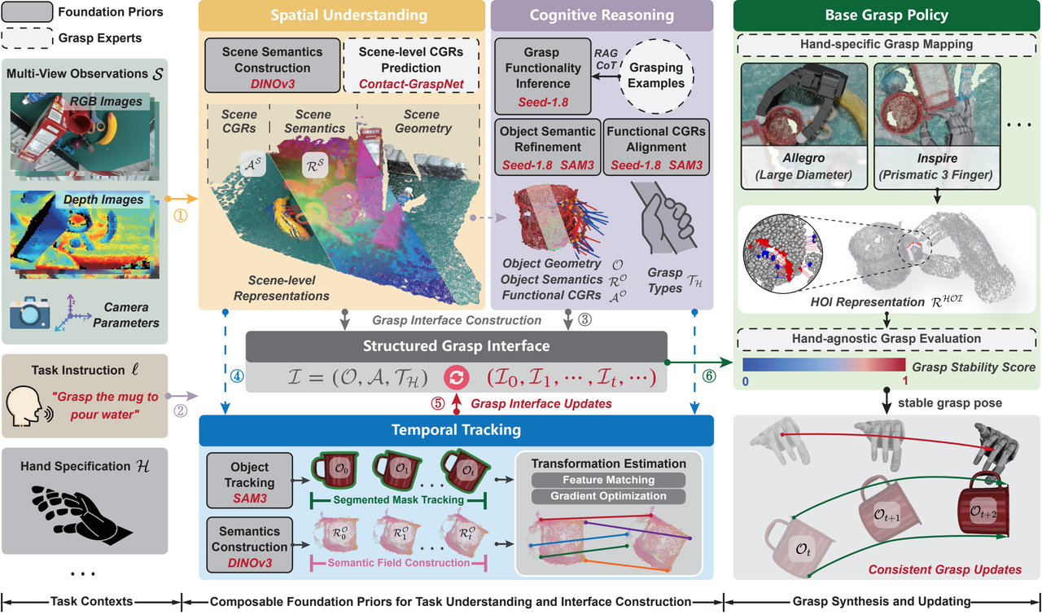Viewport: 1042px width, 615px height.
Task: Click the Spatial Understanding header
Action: [x=342, y=15]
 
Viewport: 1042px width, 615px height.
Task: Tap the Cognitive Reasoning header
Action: [x=602, y=15]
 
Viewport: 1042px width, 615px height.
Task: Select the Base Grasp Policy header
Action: [x=887, y=15]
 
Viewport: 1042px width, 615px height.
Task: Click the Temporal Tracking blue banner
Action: [x=457, y=430]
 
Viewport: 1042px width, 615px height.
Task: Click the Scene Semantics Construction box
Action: [x=272, y=66]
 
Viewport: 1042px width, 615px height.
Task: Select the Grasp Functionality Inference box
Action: [x=543, y=77]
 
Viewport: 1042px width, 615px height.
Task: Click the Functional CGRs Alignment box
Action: [x=656, y=147]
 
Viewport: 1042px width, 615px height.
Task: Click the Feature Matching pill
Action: [x=608, y=480]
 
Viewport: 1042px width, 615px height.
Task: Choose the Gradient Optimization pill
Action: [x=608, y=496]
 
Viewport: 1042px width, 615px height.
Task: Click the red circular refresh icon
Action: [x=457, y=377]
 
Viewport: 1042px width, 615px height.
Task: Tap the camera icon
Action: [x=30, y=313]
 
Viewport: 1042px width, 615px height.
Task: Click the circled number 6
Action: [x=709, y=376]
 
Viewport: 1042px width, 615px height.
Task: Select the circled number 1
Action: [x=181, y=216]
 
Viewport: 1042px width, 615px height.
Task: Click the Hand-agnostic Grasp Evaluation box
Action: [x=887, y=339]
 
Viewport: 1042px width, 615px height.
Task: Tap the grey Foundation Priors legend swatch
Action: [x=27, y=12]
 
